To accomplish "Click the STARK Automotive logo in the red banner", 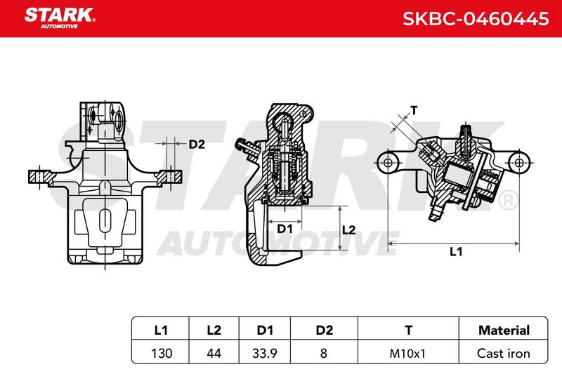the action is click(x=60, y=18).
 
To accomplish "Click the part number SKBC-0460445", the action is click(x=476, y=19).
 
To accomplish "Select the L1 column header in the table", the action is click(x=161, y=330).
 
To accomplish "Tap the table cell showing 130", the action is click(x=162, y=354).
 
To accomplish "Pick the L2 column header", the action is click(x=214, y=330).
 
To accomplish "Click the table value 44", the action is click(x=214, y=354).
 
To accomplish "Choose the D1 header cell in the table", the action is click(x=265, y=330).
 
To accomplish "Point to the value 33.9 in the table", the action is click(x=265, y=354).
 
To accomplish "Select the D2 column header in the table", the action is click(x=325, y=330).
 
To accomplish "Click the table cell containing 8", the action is click(x=324, y=354).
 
